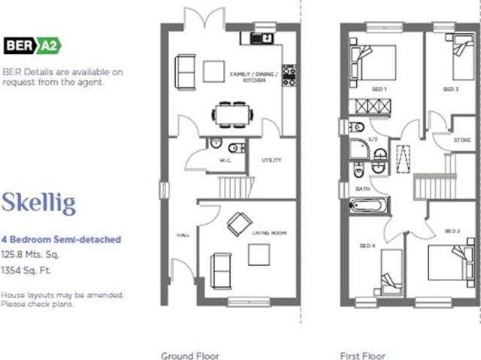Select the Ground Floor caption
click(190, 355)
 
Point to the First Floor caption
click(363, 355)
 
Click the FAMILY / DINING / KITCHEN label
click(253, 77)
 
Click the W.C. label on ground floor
click(224, 160)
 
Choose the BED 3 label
click(450, 89)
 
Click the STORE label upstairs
click(461, 141)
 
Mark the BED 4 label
click(367, 247)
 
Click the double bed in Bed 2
click(448, 263)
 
